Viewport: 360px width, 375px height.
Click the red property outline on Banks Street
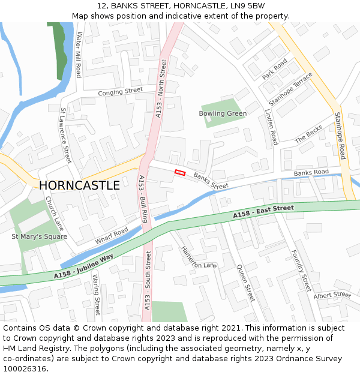(x=179, y=172)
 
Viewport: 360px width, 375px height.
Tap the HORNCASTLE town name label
(x=79, y=185)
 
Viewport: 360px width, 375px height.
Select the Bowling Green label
(x=223, y=113)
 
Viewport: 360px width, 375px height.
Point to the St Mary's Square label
(x=40, y=236)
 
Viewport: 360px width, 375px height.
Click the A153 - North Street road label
(x=161, y=88)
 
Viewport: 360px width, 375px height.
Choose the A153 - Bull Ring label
(x=143, y=199)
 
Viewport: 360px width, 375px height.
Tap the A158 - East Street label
(x=263, y=212)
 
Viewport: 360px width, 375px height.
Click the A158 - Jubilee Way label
(x=83, y=266)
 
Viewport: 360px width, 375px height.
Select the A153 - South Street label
(x=147, y=281)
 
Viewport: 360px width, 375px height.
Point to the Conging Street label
(x=120, y=92)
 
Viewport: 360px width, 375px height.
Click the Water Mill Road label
(x=79, y=55)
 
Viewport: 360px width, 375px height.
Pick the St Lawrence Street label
(x=65, y=136)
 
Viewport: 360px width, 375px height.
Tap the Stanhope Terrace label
(x=290, y=89)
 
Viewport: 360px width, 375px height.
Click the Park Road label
(x=275, y=70)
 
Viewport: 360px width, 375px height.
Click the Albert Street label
(x=332, y=295)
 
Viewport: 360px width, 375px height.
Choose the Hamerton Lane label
(x=199, y=257)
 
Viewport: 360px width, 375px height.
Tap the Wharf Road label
(x=112, y=236)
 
